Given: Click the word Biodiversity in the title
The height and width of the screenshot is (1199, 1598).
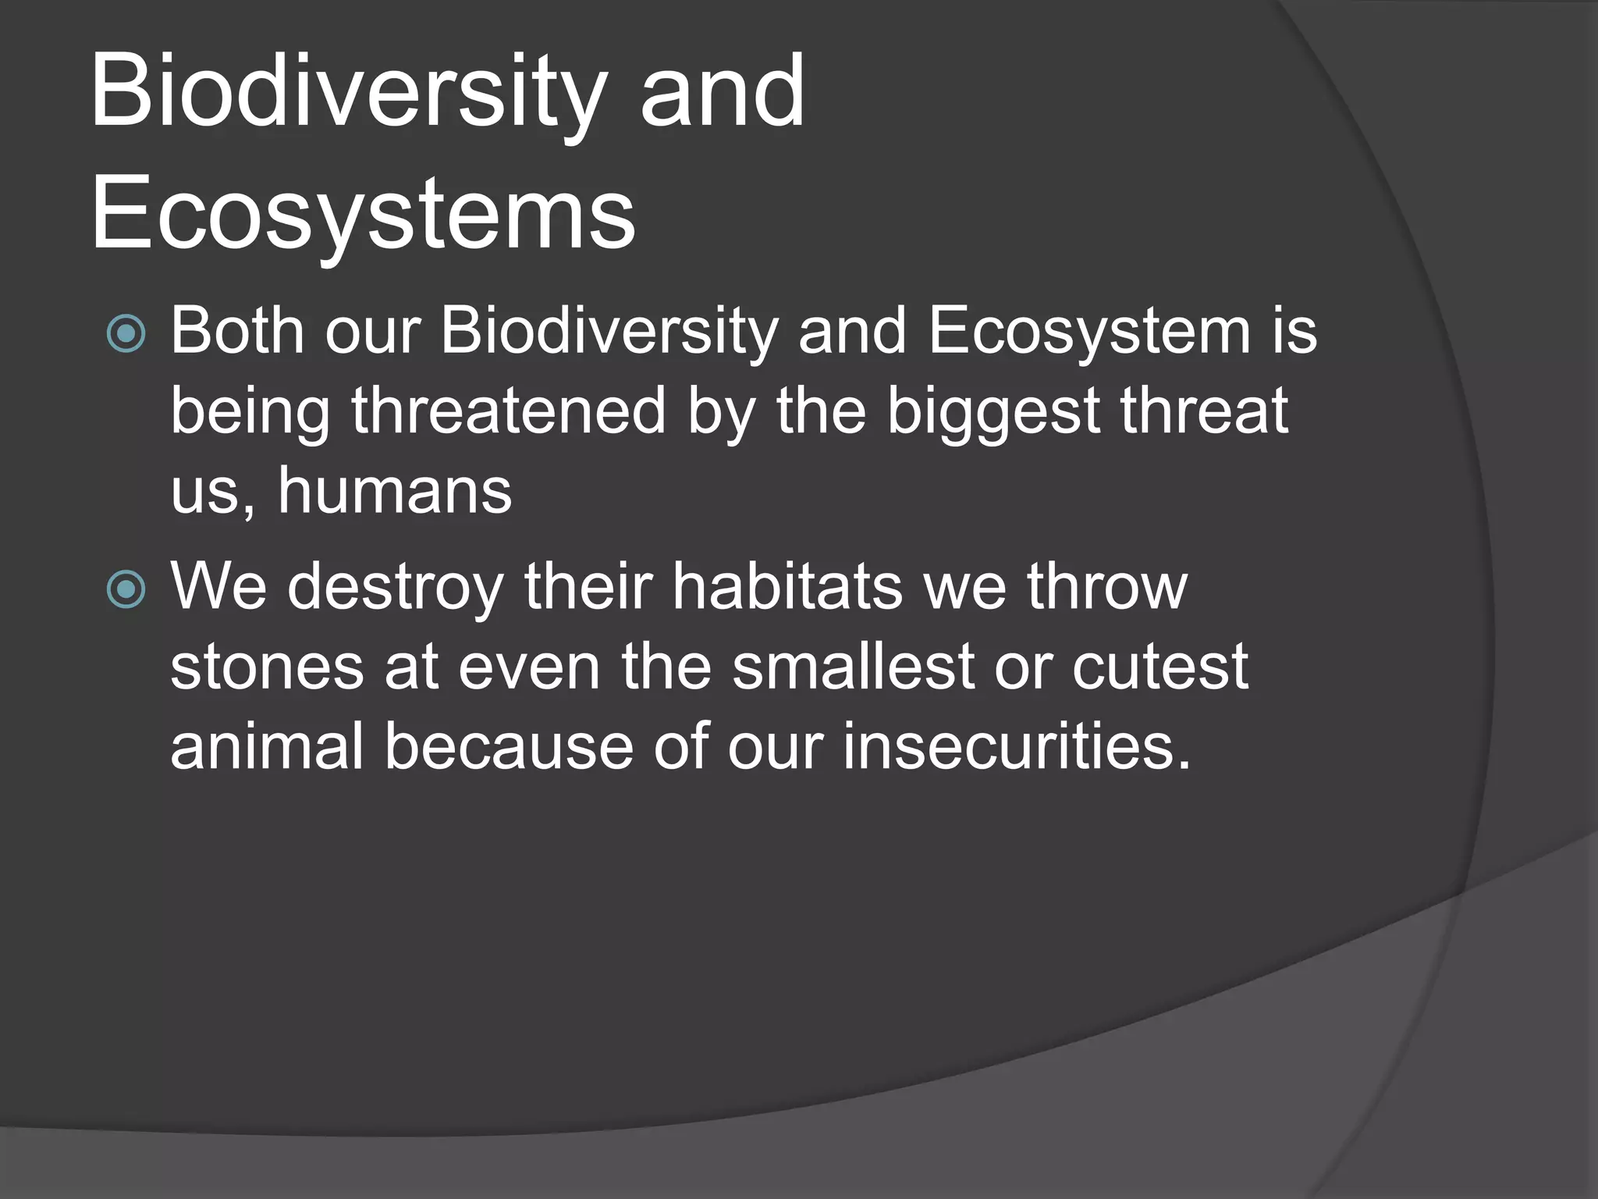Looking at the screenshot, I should tap(348, 92).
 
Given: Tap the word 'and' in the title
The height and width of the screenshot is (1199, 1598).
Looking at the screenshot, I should tap(722, 92).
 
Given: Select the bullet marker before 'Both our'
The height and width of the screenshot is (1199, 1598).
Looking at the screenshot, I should tap(126, 333).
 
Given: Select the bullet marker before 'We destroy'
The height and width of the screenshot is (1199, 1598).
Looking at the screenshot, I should tap(126, 589).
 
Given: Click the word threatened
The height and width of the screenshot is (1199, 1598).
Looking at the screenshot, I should tap(509, 411).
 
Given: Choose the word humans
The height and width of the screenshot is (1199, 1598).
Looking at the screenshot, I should tap(395, 491).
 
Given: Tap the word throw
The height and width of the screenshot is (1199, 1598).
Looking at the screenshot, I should tap(1106, 586).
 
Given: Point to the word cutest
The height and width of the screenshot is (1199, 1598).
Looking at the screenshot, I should tap(1159, 667).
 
